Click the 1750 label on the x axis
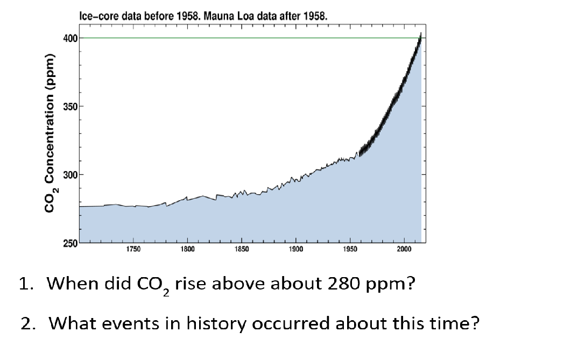click(133, 249)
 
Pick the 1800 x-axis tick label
click(187, 249)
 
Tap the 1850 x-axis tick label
click(241, 249)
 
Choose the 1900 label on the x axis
click(295, 249)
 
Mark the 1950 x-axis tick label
click(350, 249)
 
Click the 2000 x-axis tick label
click(404, 249)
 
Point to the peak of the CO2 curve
click(420, 34)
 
